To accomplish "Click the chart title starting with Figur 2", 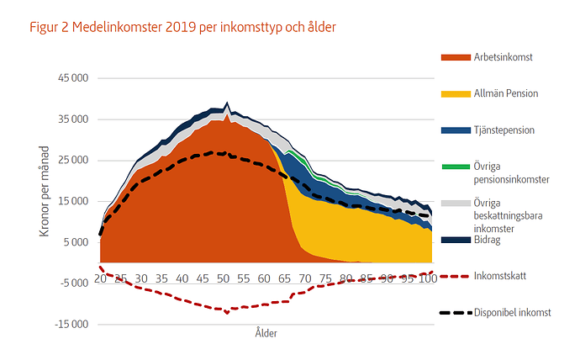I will pos(182,28).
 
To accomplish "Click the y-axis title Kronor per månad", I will pos(45,190).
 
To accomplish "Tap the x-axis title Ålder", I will pos(266,333).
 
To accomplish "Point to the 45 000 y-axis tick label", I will pos(72,78).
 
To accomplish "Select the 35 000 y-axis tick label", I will pos(72,119).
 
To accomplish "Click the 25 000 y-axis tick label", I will pos(72,160).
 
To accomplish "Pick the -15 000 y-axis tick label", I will pos(71,324).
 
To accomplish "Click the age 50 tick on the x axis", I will pos(223,278).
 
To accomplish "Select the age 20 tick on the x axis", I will pos(100,278).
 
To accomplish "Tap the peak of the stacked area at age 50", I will pos(226,103).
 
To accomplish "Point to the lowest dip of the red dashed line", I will pos(226,312).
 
